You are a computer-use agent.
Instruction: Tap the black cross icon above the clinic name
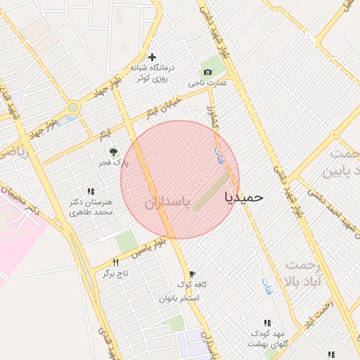153,57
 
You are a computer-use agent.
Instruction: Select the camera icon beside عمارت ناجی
207,72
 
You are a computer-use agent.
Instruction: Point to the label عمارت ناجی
208,83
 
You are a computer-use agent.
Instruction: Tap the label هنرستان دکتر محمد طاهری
92,207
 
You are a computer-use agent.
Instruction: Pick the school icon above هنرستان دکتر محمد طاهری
91,191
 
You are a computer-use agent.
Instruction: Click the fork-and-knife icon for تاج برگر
116,262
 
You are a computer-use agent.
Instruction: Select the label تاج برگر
117,273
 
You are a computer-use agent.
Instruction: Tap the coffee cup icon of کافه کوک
192,274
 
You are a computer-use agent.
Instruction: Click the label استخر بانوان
179,298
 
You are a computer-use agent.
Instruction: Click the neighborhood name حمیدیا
243,198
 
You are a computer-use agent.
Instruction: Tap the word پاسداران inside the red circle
167,203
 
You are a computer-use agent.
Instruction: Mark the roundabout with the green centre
72,108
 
